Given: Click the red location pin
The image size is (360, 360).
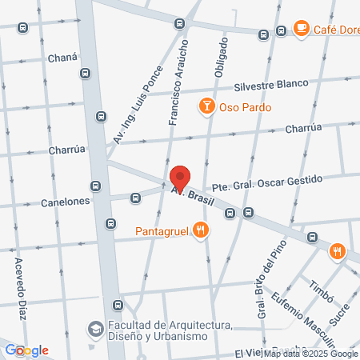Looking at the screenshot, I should pyautogui.click(x=181, y=178).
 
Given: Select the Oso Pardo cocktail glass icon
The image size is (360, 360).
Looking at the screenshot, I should pyautogui.click(x=206, y=106).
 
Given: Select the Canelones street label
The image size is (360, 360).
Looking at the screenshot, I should pyautogui.click(x=64, y=203).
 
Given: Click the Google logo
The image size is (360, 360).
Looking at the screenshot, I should pyautogui.click(x=27, y=350).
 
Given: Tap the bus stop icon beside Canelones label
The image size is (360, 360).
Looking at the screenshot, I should pyautogui.click(x=95, y=186).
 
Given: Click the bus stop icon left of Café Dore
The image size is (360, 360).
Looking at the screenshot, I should pyautogui.click(x=280, y=31).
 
